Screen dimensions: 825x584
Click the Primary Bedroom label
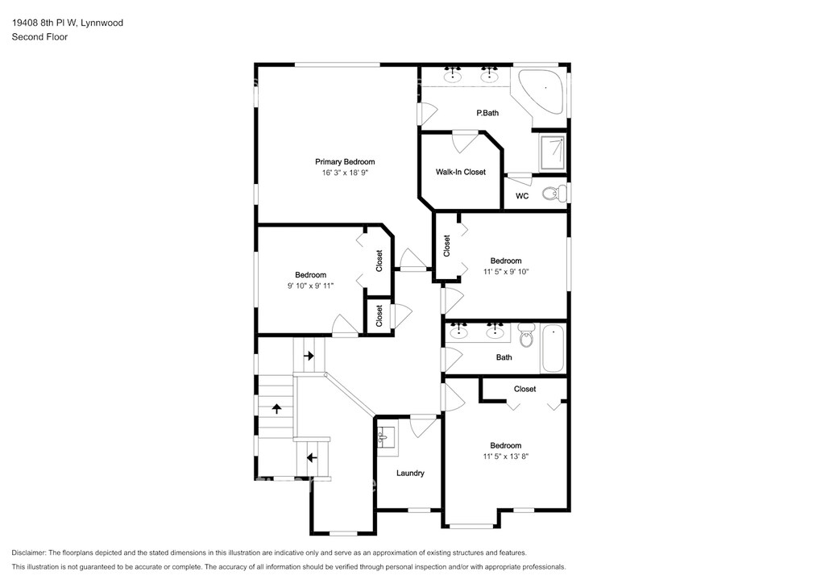(345, 161)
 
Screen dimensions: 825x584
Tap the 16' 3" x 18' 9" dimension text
(345, 173)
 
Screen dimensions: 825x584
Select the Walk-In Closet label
(460, 172)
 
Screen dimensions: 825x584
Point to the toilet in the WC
(553, 194)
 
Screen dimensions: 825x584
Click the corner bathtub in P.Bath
(543, 90)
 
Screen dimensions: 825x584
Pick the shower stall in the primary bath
(553, 152)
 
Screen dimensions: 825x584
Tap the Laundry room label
(410, 473)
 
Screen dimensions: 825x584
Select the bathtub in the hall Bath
(553, 348)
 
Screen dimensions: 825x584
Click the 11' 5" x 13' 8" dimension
(506, 457)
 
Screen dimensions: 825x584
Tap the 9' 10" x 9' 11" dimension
(310, 286)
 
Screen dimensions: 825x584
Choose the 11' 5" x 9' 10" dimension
(506, 272)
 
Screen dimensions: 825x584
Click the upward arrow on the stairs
(276, 408)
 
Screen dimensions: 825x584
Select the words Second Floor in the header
(39, 37)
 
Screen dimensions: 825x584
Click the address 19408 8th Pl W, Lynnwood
(68, 23)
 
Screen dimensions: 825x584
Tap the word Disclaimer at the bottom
(28, 553)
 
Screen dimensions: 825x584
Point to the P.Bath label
(487, 113)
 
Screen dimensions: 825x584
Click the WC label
(522, 196)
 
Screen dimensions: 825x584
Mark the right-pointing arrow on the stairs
(309, 356)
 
